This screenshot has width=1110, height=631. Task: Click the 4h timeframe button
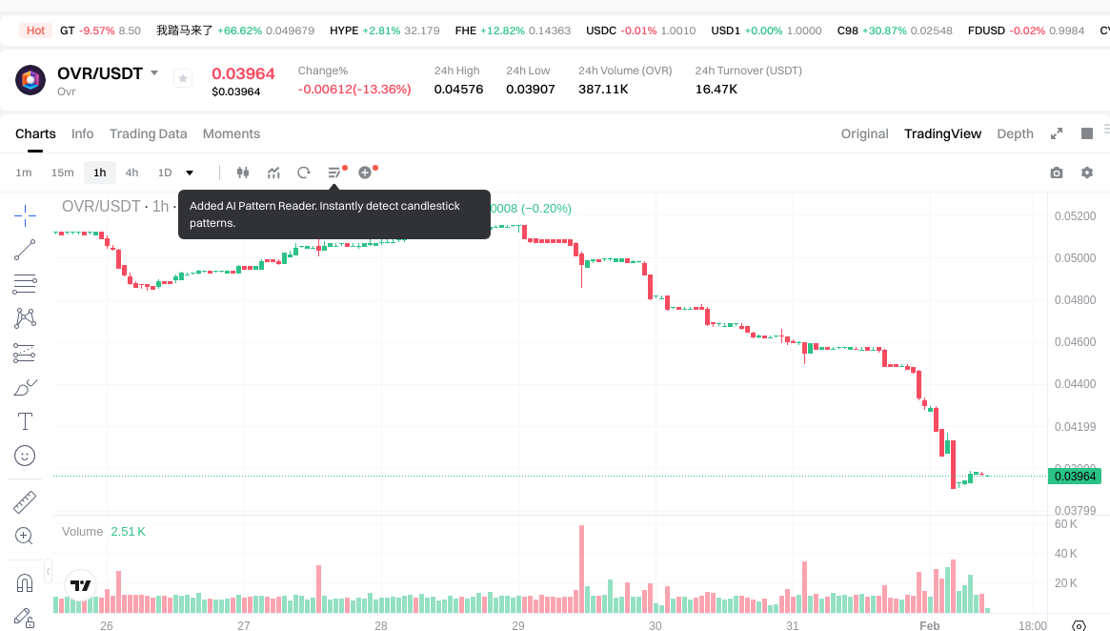pyautogui.click(x=131, y=173)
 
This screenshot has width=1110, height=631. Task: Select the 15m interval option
pyautogui.click(x=62, y=173)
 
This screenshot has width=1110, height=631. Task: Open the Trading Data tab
pyautogui.click(x=148, y=133)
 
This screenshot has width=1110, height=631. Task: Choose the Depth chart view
pyautogui.click(x=1015, y=133)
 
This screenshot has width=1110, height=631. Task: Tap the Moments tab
pyautogui.click(x=232, y=133)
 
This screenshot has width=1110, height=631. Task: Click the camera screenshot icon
pyautogui.click(x=1056, y=173)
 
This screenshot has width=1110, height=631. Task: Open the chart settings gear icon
pyautogui.click(x=1086, y=173)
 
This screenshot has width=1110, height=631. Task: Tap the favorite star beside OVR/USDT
pyautogui.click(x=183, y=79)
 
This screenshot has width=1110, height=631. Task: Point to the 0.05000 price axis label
pyautogui.click(x=1075, y=258)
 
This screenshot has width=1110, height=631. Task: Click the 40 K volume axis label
pyautogui.click(x=1066, y=554)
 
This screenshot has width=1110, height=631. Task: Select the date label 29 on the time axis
pyautogui.click(x=518, y=626)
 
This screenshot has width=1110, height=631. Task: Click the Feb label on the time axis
pyautogui.click(x=929, y=626)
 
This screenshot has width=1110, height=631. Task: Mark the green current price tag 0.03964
pyautogui.click(x=1075, y=477)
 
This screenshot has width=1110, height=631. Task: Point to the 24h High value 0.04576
pyautogui.click(x=458, y=90)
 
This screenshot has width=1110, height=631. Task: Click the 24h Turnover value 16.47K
pyautogui.click(x=716, y=90)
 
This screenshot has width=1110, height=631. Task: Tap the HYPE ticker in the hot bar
pyautogui.click(x=344, y=31)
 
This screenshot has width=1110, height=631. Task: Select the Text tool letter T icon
pyautogui.click(x=25, y=421)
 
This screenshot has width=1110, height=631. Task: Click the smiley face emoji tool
pyautogui.click(x=25, y=456)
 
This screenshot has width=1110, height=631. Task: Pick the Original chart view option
pyautogui.click(x=864, y=133)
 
